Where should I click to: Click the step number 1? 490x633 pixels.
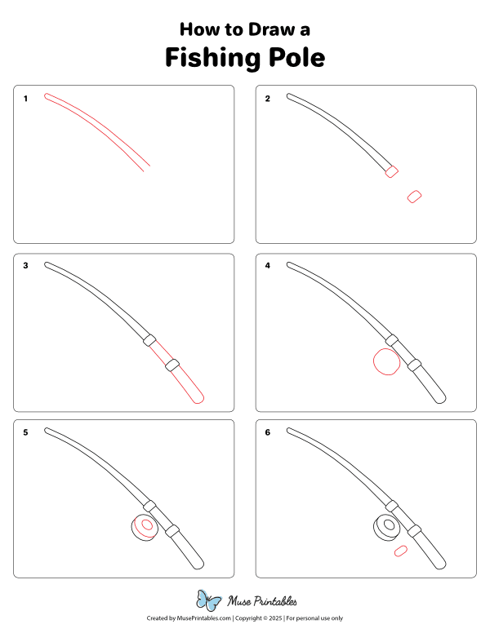tap(25, 99)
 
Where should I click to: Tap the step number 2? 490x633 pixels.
tap(267, 99)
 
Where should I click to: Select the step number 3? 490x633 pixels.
tap(25, 265)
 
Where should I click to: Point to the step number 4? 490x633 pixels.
tap(267, 265)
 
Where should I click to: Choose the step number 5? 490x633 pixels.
tap(25, 432)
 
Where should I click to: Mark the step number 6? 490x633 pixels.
tap(267, 432)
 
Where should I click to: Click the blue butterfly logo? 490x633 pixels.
tap(209, 601)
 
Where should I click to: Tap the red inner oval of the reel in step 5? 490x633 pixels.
tap(147, 526)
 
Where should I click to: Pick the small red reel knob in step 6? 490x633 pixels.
tap(400, 552)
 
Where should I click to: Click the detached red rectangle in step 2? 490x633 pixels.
tap(414, 197)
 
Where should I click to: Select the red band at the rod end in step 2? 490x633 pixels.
tap(391, 171)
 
